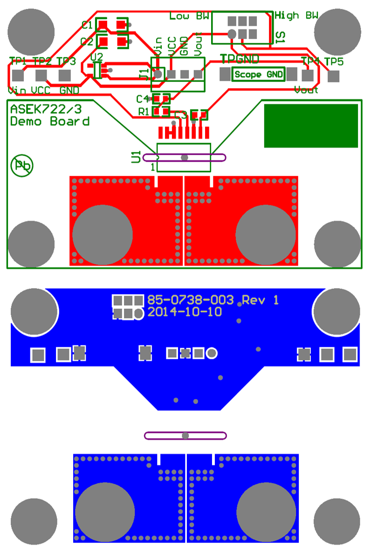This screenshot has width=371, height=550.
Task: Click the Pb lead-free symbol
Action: click(x=21, y=165)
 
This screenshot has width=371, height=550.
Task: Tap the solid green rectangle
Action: click(x=311, y=125)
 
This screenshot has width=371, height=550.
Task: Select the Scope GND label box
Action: click(x=258, y=74)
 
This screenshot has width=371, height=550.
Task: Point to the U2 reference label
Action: click(x=97, y=56)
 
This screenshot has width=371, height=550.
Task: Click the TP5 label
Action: click(x=334, y=62)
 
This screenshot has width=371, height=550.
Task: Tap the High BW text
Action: click(x=296, y=15)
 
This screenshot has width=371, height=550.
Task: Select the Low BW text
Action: click(x=189, y=16)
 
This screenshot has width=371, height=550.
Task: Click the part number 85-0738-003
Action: click(x=191, y=300)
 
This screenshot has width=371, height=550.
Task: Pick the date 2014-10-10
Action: click(x=185, y=312)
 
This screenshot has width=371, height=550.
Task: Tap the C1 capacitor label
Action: click(x=87, y=25)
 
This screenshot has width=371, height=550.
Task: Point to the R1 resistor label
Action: click(x=144, y=111)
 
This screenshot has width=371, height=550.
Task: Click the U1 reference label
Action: click(x=136, y=157)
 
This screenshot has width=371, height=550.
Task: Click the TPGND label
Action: click(x=240, y=59)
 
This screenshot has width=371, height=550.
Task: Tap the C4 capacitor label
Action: click(x=142, y=99)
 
